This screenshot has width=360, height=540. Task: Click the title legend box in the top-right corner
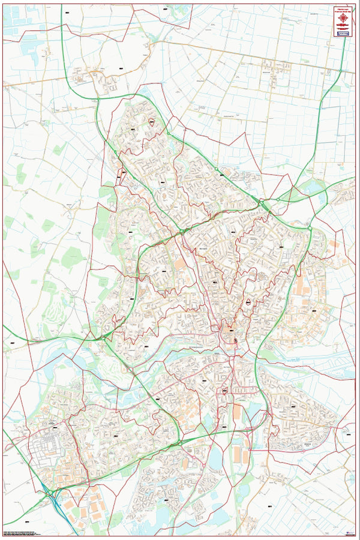(343, 23)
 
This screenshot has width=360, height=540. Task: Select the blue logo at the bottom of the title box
(343, 35)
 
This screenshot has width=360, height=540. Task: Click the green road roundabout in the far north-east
(341, 71)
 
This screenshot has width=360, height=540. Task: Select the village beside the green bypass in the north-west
(96, 78)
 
